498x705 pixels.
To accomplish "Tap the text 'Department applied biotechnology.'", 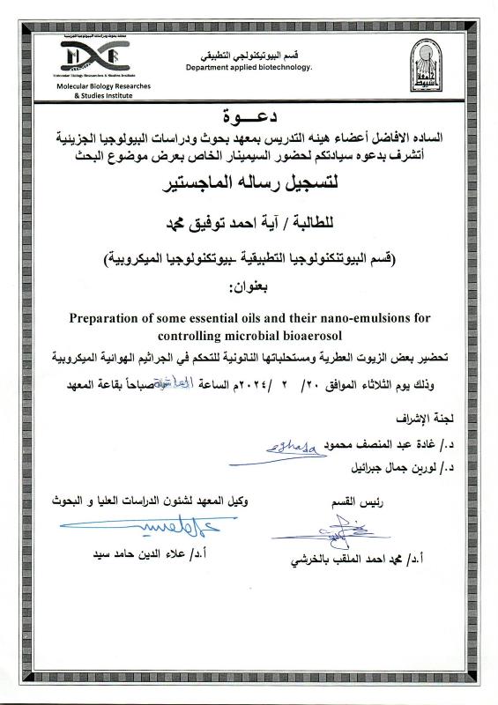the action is [x=249, y=68].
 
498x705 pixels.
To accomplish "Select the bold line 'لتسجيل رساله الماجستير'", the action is [x=249, y=186].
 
